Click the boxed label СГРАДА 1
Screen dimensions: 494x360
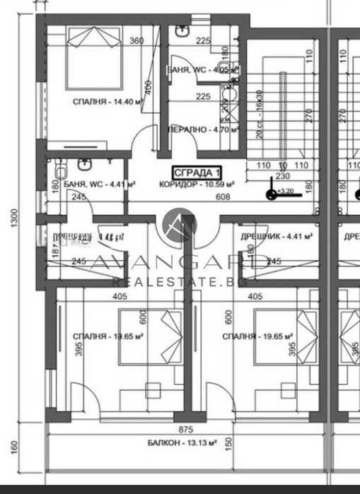(x=198, y=172)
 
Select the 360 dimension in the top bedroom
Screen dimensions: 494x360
(x=137, y=41)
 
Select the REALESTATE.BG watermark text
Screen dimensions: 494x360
(x=180, y=281)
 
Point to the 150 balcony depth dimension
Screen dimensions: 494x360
(x=228, y=448)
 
